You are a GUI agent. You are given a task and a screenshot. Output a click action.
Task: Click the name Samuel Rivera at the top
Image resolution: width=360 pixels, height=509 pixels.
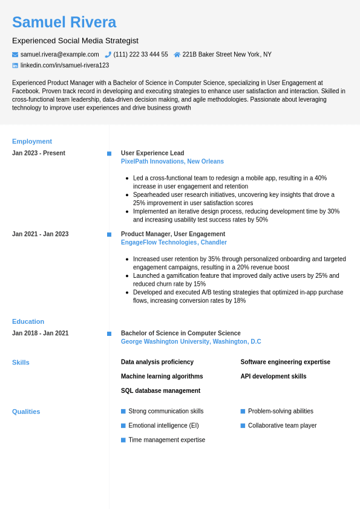[64, 22]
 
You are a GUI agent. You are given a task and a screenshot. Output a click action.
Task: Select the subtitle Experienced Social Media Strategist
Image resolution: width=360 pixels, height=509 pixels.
[75, 41]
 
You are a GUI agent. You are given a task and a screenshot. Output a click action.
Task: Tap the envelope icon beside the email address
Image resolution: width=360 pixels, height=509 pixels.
[15, 54]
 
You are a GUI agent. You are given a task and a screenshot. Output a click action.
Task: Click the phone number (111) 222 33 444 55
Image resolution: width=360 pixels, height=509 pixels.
[140, 54]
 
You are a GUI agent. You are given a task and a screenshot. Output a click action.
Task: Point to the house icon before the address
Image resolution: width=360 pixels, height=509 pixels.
[177, 54]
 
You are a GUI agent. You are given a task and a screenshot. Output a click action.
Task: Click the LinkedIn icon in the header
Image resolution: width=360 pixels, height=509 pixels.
[15, 65]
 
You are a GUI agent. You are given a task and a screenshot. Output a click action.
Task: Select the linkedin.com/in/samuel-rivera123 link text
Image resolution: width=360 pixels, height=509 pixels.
[65, 65]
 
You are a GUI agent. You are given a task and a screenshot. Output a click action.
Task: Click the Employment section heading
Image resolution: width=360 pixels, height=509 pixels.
[32, 141]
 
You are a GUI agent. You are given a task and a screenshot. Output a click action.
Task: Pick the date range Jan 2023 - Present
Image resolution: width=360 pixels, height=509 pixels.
[39, 153]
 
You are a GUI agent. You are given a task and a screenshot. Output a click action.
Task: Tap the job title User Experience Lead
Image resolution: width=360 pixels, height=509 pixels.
[152, 153]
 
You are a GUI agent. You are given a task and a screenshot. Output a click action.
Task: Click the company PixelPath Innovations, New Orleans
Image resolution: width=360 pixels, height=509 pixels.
[172, 162]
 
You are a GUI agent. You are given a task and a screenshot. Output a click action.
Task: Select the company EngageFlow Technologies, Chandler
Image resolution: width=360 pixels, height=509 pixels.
[174, 243]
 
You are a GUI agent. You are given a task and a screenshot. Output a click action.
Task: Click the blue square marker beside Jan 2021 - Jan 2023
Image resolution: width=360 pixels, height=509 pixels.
[109, 234]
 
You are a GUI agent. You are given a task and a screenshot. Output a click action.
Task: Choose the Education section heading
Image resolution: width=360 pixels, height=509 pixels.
[28, 321]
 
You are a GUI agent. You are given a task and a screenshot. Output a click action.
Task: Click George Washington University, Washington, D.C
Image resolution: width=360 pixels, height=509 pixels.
[191, 342]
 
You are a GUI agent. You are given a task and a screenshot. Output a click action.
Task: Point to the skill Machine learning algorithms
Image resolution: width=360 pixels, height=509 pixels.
[162, 376]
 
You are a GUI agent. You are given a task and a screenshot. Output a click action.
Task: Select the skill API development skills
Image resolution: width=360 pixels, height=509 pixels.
[273, 376]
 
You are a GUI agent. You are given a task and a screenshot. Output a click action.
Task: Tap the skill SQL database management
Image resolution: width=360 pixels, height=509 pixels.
[160, 391]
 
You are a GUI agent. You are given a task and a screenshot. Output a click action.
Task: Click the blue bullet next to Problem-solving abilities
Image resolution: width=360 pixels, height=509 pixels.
[243, 411]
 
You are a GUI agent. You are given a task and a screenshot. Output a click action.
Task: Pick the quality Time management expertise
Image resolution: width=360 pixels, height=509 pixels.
[166, 440]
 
